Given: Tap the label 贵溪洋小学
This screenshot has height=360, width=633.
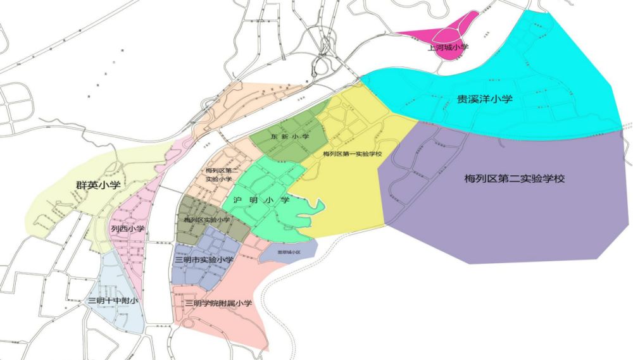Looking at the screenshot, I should coord(485,99).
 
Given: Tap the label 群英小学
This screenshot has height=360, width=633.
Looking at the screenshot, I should coord(94,185).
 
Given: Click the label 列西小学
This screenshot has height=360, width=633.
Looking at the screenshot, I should coord(128,228).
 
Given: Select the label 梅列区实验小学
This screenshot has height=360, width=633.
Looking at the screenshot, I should coord(207,220).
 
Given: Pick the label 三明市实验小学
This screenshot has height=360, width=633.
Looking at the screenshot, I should coord(204,259).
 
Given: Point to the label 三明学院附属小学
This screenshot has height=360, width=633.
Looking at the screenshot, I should coord(218,303).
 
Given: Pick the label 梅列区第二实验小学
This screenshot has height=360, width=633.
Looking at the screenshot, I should coord(222,175).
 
